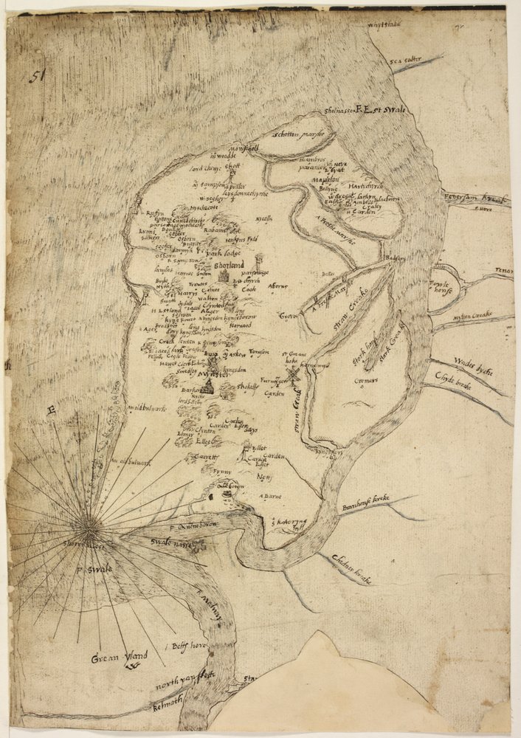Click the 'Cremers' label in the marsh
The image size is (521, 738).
(365, 382)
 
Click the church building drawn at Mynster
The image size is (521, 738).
(210, 385)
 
